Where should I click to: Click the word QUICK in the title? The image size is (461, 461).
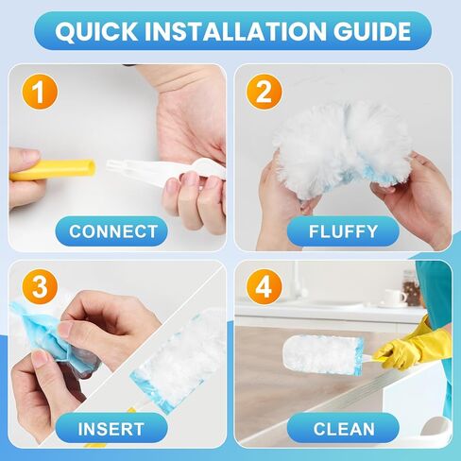92,32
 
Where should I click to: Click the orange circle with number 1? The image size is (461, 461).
39,92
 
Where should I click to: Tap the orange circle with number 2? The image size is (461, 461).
265,92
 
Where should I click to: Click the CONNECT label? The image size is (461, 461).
112,231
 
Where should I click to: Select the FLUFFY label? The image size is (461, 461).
344,231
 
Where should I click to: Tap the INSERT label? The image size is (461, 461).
112,429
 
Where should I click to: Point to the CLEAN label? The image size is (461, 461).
344,429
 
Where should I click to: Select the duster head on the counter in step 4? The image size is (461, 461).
321,354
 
